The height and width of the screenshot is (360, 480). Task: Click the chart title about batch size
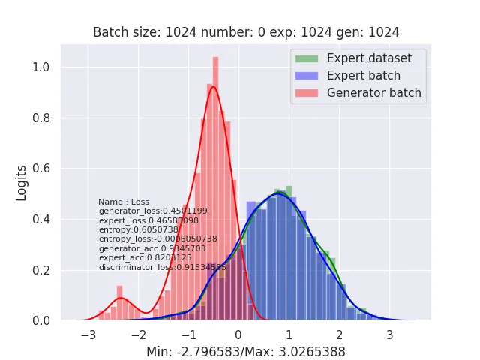point(246,32)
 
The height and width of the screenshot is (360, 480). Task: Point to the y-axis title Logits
point(22,184)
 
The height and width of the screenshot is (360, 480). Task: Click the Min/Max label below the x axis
point(246,351)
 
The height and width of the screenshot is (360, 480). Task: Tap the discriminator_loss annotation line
point(162,267)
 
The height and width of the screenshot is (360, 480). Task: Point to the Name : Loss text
point(124,202)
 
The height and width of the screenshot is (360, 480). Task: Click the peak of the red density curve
point(214,86)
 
